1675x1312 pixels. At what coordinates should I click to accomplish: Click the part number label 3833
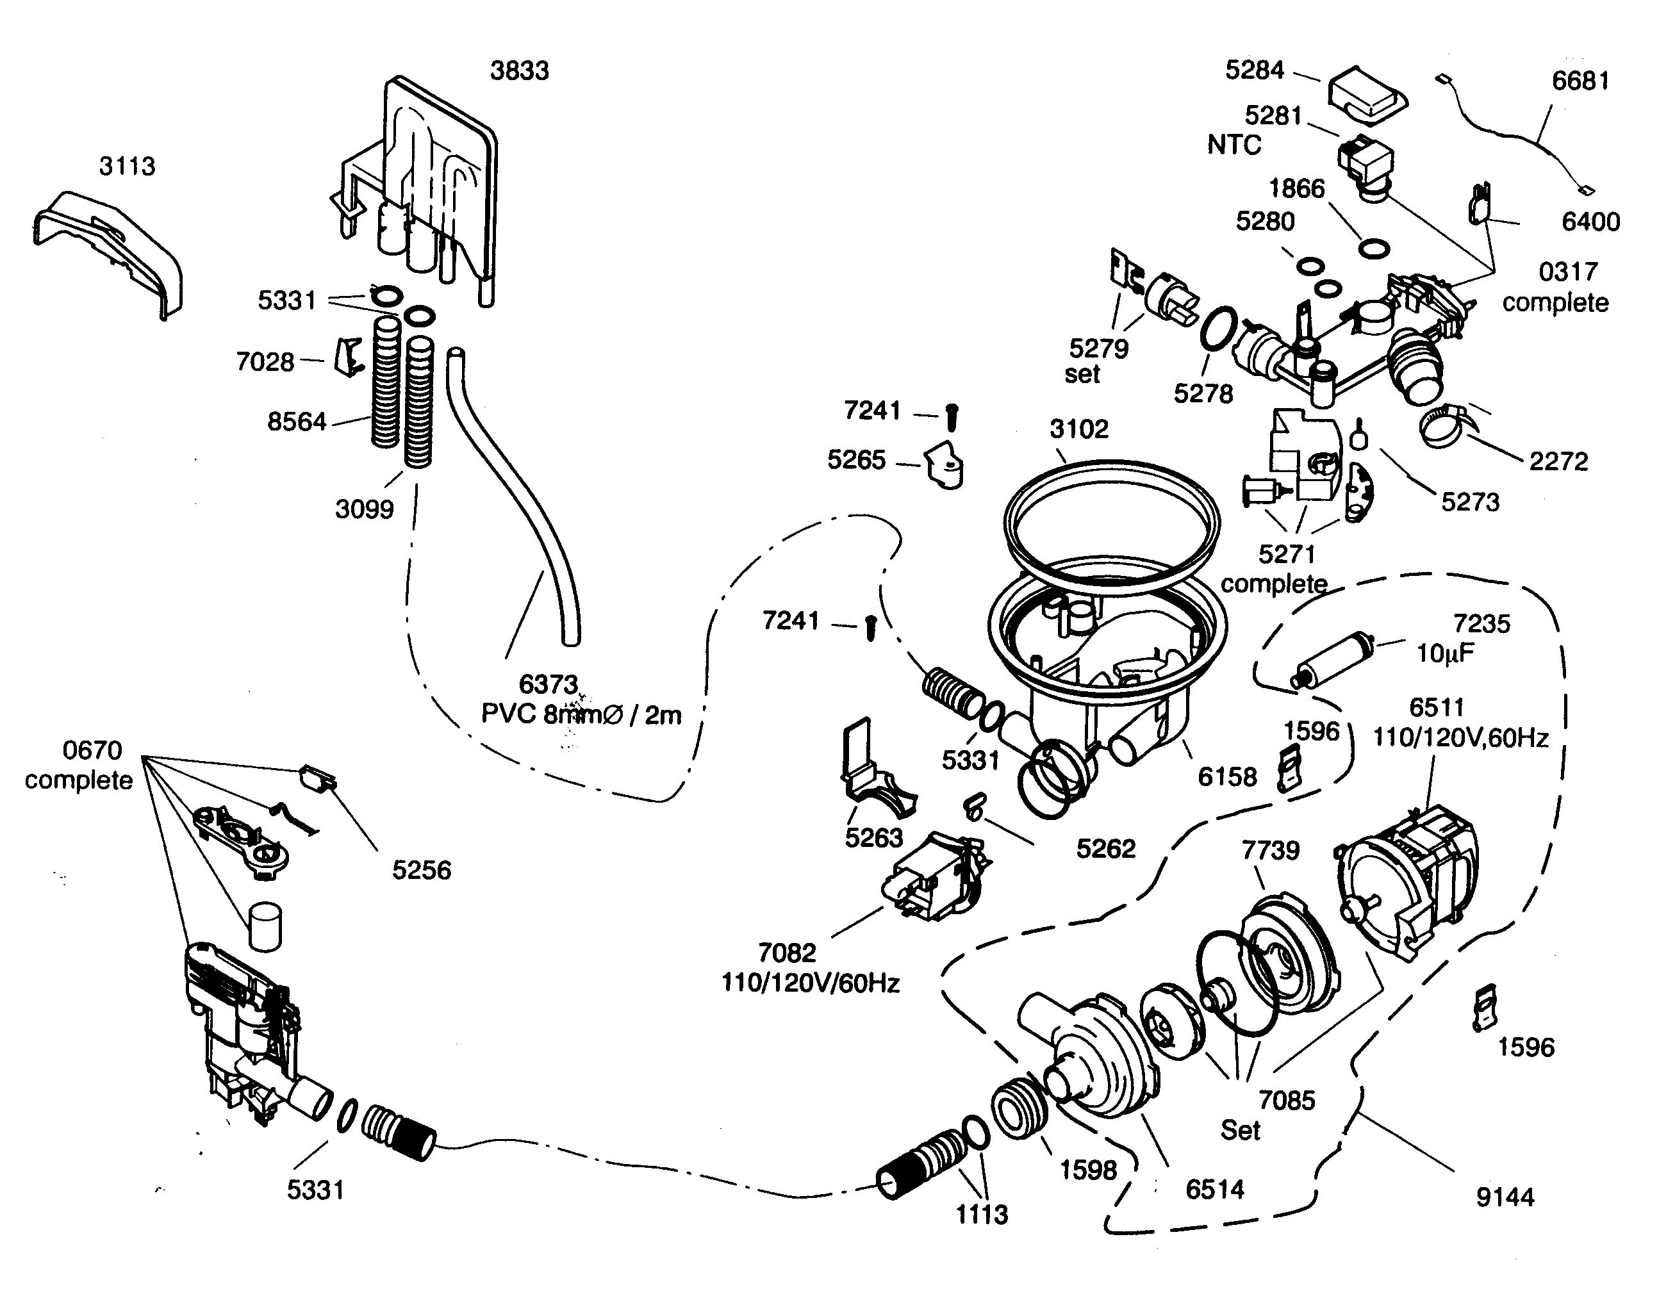[x=520, y=70]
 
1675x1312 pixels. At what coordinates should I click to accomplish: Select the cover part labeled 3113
[x=108, y=254]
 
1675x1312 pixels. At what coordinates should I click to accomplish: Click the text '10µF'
[x=1445, y=653]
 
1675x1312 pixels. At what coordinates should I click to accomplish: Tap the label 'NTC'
[x=1234, y=145]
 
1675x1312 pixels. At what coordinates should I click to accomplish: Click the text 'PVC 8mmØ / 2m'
[x=581, y=715]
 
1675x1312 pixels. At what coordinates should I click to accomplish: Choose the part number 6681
[x=1580, y=81]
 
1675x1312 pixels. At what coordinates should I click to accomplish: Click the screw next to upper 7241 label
[x=952, y=417]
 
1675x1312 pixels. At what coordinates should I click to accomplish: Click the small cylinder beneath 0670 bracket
[x=263, y=926]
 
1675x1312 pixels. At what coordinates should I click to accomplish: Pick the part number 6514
[x=1214, y=1189]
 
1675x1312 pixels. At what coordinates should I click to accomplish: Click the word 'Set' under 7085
[x=1240, y=1131]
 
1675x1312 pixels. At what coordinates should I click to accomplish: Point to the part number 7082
[x=786, y=953]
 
